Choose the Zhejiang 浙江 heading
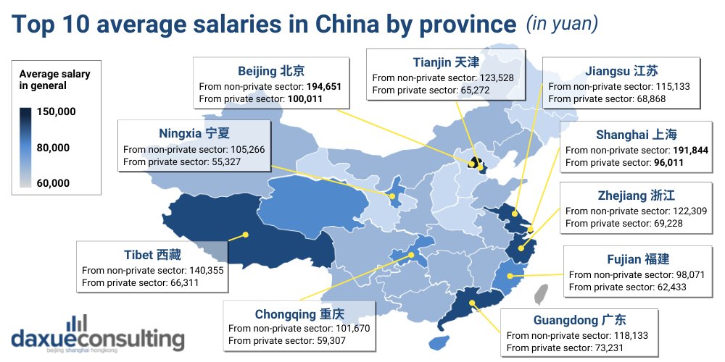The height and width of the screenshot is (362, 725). pyautogui.click(x=631, y=195)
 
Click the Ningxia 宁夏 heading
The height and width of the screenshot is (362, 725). pyautogui.click(x=193, y=133)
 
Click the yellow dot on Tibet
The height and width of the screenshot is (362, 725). pyautogui.click(x=246, y=235)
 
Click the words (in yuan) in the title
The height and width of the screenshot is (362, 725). pyautogui.click(x=562, y=24)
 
